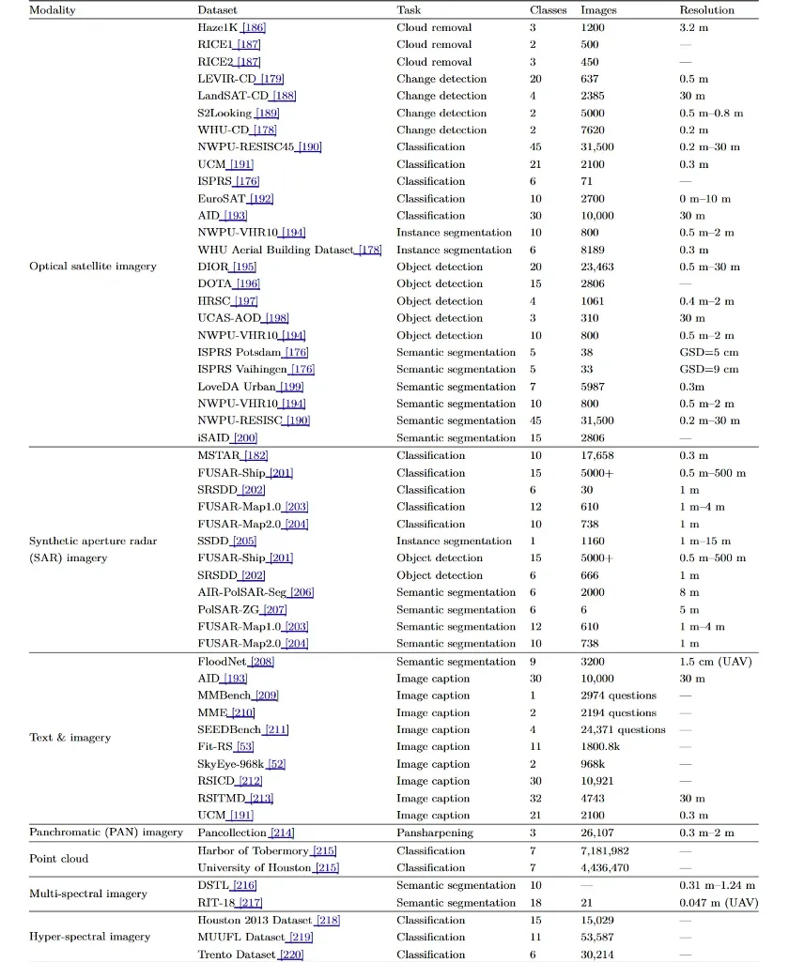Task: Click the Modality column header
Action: (53, 9)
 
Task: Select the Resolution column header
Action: (706, 9)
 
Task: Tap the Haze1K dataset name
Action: (218, 28)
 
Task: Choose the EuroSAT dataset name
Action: (222, 198)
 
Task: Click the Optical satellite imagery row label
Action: (92, 267)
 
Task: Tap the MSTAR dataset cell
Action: (218, 455)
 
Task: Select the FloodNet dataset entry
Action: (222, 661)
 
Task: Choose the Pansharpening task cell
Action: (436, 833)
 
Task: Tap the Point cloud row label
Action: (61, 859)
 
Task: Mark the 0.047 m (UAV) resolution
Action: (719, 902)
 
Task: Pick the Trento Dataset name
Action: (237, 955)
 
